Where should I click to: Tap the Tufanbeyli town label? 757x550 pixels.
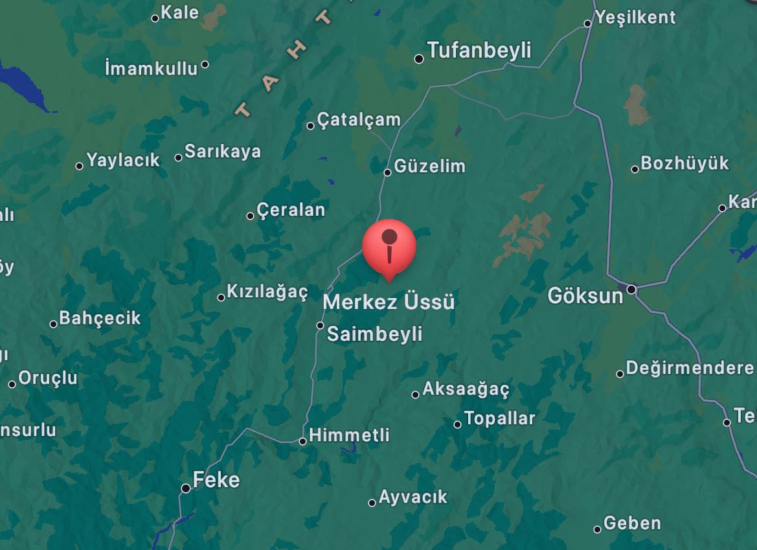coord(479,51)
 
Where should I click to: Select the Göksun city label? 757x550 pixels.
coord(585,295)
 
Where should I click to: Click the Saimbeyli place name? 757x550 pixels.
coord(374,334)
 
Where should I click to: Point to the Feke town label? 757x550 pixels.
coord(216,480)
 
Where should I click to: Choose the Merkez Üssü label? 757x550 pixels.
coord(389,302)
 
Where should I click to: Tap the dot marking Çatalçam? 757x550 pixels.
coord(311,125)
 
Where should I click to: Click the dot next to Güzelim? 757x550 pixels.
coord(387,172)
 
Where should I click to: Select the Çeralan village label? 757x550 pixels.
coord(291,210)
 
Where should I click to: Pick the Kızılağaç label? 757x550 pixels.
coord(267,292)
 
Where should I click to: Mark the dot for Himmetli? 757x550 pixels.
coord(302,441)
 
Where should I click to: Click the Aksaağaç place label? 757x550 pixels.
coord(466,389)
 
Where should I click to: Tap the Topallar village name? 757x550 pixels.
coord(499,418)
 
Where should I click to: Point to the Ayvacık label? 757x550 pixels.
coord(412,498)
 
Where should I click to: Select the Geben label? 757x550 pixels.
coord(632,523)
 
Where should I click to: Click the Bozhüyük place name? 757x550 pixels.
coord(684,163)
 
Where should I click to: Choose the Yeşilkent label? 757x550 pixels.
coord(635,17)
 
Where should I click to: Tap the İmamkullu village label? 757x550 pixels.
coord(152,67)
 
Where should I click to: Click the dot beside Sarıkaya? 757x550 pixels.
coord(179,157)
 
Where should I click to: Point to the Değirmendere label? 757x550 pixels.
coord(690,369)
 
